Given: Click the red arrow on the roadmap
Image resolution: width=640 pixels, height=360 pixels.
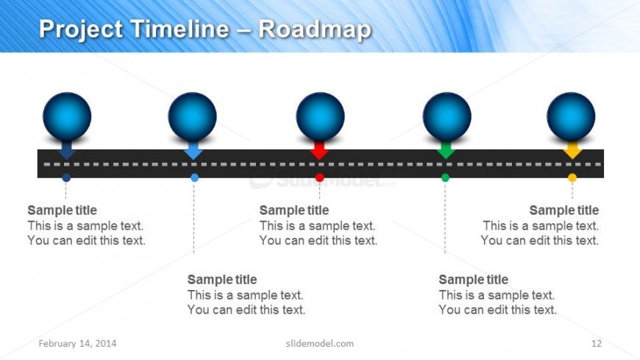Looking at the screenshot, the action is [x=319, y=150].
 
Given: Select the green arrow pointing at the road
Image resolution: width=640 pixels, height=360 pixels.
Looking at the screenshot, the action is [x=446, y=150].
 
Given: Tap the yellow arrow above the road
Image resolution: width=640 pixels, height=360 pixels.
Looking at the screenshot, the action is [x=572, y=150].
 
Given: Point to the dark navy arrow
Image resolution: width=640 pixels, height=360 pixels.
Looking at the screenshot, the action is [x=66, y=150].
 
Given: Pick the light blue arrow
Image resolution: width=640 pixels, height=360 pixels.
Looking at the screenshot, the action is [x=193, y=150].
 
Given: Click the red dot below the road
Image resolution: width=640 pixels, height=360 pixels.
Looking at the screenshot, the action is [x=319, y=177].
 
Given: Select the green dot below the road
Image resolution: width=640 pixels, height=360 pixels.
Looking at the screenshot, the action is [x=445, y=177].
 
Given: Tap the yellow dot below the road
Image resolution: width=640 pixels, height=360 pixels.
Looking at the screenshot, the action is [x=572, y=177].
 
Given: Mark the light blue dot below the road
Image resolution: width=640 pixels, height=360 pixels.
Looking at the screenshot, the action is [x=195, y=177].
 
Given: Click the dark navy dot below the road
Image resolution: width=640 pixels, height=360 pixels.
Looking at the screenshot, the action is [x=66, y=177].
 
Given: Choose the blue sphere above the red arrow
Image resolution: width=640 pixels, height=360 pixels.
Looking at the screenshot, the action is [x=321, y=116].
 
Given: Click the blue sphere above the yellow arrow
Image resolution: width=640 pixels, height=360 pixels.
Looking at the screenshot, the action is [x=571, y=116].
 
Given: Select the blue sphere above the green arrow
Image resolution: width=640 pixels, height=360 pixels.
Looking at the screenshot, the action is [x=447, y=116].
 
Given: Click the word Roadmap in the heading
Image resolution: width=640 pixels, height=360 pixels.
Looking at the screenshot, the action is [x=315, y=29].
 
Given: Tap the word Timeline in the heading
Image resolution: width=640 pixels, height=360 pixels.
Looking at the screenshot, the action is [x=179, y=29].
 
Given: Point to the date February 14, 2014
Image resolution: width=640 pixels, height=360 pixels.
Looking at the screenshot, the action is [x=77, y=343].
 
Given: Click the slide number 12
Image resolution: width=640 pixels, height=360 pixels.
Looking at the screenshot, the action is [x=597, y=343].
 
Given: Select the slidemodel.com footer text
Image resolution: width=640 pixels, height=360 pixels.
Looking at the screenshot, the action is [x=319, y=343].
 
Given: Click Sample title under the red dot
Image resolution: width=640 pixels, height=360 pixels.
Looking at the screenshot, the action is [x=294, y=210].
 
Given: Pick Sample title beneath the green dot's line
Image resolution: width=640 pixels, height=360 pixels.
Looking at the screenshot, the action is [x=474, y=280].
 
